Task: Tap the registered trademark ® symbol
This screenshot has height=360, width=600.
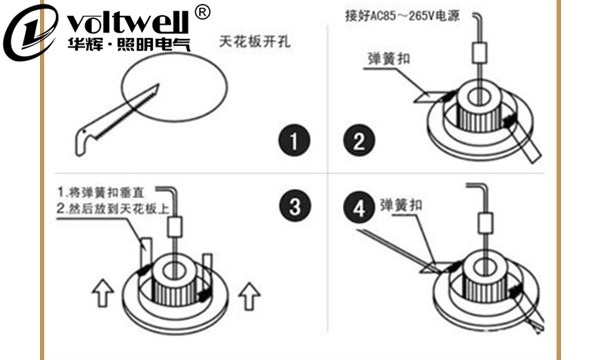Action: tap(201, 12)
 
